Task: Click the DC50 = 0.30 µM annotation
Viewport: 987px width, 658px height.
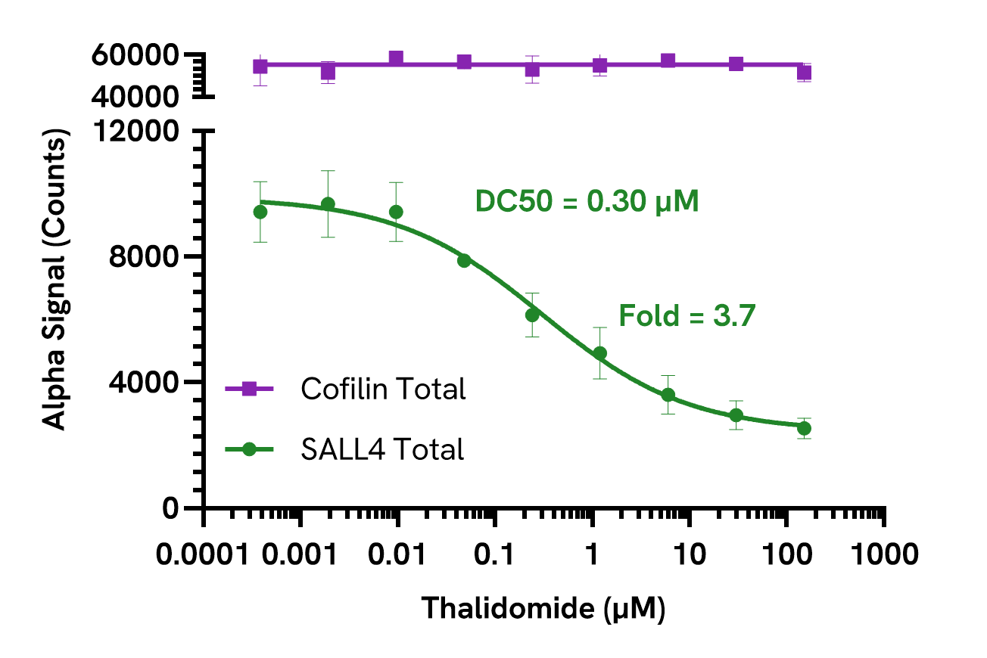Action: (587, 202)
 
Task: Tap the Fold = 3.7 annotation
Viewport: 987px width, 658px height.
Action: (687, 315)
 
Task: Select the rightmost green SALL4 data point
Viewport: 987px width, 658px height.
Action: (804, 428)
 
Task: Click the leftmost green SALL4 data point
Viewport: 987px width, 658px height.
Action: (260, 212)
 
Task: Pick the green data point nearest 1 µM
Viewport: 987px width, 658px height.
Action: (600, 353)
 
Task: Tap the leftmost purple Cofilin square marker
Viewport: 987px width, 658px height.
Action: (260, 67)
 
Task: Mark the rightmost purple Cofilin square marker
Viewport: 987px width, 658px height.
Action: (804, 73)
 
